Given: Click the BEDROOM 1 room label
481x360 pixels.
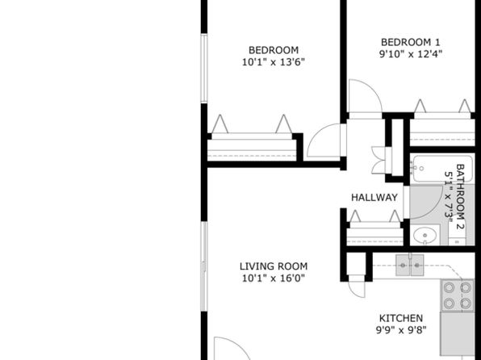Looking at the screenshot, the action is coord(411,42).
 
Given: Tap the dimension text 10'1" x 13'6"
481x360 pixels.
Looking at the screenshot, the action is coord(274,62).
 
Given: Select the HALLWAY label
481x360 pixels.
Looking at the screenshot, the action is coord(374,197).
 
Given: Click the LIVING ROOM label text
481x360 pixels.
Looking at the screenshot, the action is coord(274,266).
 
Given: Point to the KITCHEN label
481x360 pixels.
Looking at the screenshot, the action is coord(401,318).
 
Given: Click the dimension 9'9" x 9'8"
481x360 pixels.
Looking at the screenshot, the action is coord(401,330).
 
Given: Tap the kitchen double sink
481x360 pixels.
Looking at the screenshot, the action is coord(409,265).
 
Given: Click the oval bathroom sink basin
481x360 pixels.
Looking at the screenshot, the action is coord(425,236).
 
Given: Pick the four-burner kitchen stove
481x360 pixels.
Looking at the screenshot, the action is coord(457,295).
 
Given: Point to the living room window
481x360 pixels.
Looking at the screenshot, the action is coord(203,266).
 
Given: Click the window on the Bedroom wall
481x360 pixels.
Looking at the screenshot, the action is coord(203,68).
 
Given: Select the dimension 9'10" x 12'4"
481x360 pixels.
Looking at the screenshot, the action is coord(411,54).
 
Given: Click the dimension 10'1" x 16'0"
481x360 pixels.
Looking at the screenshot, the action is coord(274,278).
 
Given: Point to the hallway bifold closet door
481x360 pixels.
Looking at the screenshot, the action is coord(379,160).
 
